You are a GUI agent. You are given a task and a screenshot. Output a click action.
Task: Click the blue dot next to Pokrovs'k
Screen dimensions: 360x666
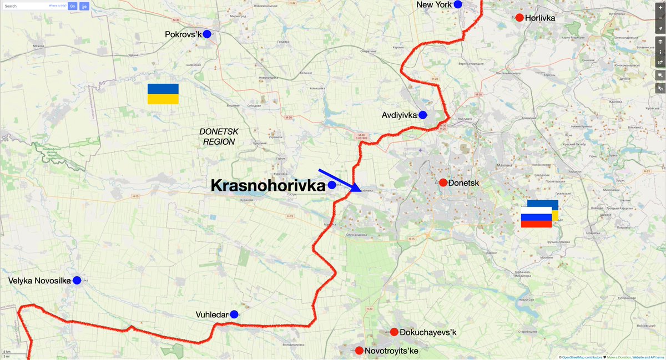coord(207,34)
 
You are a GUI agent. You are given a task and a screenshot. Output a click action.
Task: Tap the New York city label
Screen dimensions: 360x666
coord(434,5)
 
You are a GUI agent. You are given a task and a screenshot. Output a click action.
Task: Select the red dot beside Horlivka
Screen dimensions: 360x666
coord(519,18)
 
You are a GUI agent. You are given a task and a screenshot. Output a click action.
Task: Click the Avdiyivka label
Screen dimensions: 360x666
coord(399,115)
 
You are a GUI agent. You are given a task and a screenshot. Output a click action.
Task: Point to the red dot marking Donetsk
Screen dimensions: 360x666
coord(443,182)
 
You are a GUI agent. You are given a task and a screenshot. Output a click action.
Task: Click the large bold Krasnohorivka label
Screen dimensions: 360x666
coord(268,186)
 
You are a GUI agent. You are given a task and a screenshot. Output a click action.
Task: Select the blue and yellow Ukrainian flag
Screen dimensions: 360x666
coord(163,94)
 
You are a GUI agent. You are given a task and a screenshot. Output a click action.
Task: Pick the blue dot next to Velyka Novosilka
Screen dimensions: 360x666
coord(77,281)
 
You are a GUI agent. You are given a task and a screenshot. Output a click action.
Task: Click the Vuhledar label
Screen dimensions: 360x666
coord(212,315)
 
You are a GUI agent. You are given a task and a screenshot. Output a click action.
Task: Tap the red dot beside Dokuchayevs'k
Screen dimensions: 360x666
coord(394,332)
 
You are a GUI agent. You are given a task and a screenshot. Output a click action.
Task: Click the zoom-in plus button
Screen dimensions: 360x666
coord(660,7)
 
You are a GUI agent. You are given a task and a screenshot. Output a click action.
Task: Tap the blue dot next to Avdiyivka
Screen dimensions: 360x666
coord(422,115)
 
